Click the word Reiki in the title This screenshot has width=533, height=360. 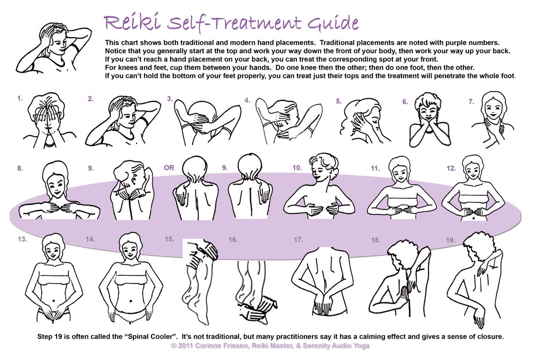(x=131, y=22)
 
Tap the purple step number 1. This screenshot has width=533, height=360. (x=20, y=99)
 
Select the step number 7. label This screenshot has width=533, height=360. (x=471, y=101)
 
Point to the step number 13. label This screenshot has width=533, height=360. (x=21, y=239)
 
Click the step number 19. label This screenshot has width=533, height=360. (x=450, y=240)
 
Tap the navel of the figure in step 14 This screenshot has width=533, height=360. (x=130, y=301)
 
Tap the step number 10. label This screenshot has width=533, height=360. (x=297, y=168)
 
